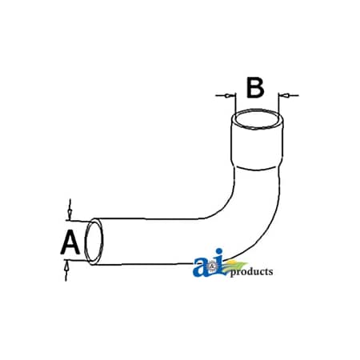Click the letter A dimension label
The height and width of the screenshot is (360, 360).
[70, 242]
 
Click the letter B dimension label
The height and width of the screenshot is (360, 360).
[255, 87]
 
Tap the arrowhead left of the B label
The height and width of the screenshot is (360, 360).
[226, 95]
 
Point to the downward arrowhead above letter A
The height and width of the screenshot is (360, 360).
[70, 213]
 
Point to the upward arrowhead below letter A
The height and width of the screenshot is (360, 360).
[66, 265]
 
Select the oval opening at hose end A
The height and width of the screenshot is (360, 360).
[94, 242]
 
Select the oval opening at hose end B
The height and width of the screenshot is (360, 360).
[258, 120]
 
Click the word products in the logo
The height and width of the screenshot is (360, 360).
[251, 272]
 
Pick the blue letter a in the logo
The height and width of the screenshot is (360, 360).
[201, 266]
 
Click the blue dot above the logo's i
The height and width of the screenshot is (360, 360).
[219, 251]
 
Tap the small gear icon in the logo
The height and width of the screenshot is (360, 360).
[212, 266]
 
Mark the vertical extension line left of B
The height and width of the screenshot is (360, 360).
[236, 103]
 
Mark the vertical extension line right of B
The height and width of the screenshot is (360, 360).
[278, 103]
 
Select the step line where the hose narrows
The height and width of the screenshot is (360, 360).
[256, 167]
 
